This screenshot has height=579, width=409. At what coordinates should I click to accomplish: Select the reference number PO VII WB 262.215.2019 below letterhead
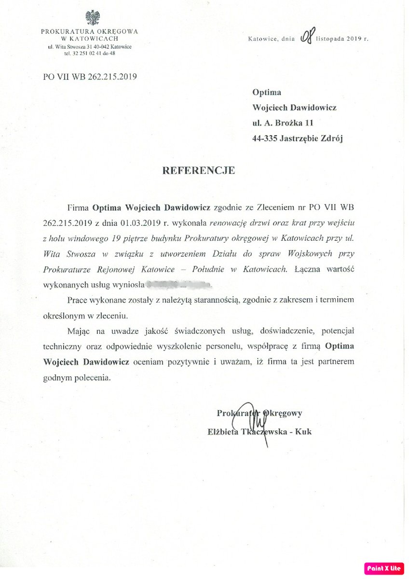click(90, 76)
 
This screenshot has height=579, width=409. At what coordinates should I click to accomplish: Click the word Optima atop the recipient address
click(267, 93)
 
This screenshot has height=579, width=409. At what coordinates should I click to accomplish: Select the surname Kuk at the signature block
click(303, 431)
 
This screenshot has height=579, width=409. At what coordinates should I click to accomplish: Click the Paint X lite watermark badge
click(383, 568)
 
